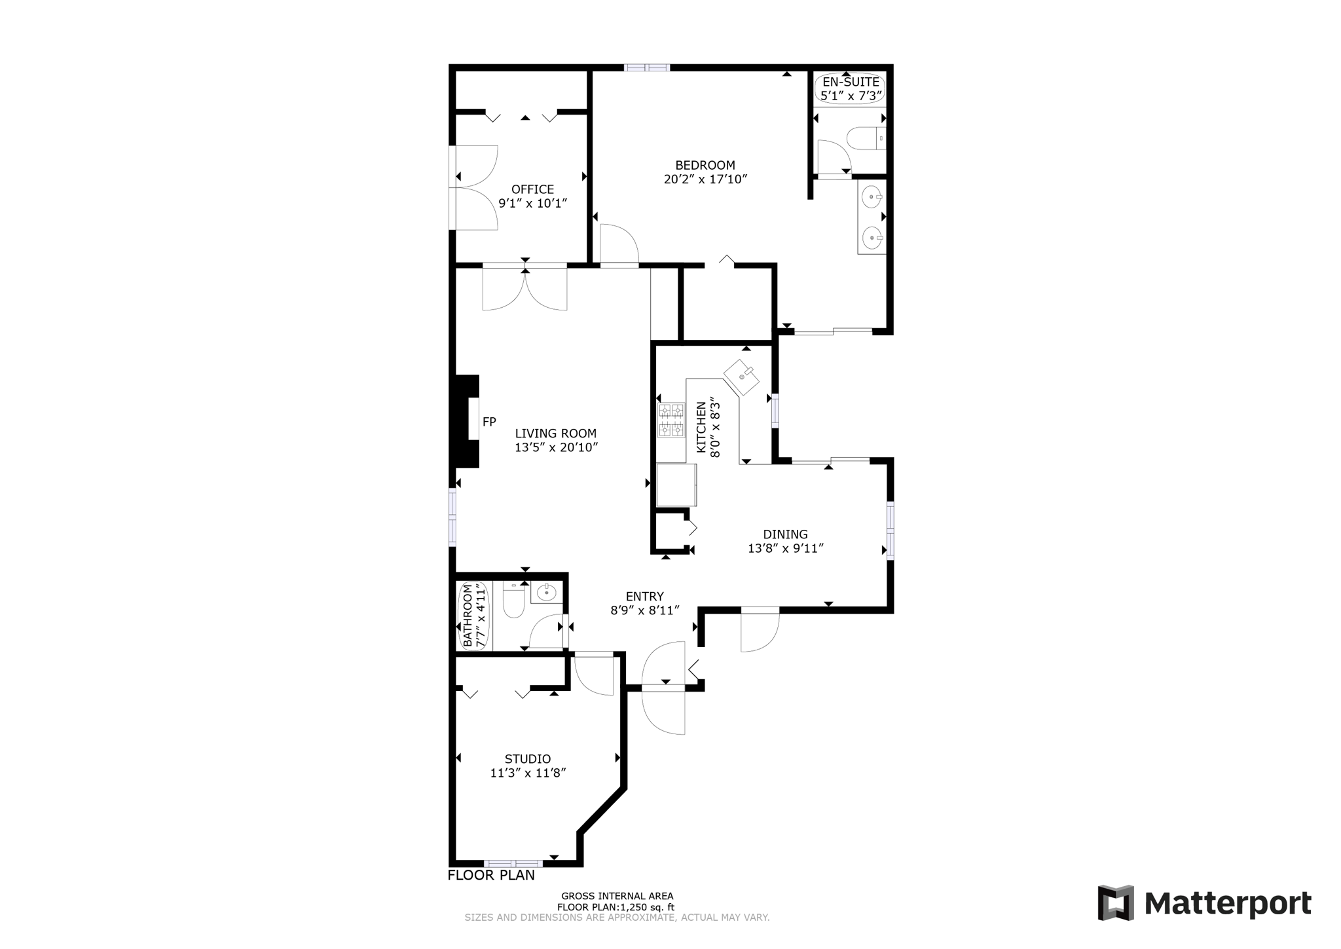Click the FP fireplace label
(488, 422)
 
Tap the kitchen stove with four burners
(671, 420)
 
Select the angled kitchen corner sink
(741, 377)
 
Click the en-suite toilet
(864, 139)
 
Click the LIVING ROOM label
(555, 433)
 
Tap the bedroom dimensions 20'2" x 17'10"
(705, 179)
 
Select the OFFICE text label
(532, 189)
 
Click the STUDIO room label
(527, 758)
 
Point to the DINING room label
(785, 534)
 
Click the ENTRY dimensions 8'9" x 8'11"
(644, 610)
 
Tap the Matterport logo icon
(1115, 902)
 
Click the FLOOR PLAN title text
(491, 875)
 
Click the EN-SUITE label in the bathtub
(851, 82)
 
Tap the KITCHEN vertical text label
(701, 427)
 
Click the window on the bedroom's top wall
(646, 67)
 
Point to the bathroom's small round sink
(545, 593)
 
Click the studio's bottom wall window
(513, 863)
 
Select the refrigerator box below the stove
(676, 485)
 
